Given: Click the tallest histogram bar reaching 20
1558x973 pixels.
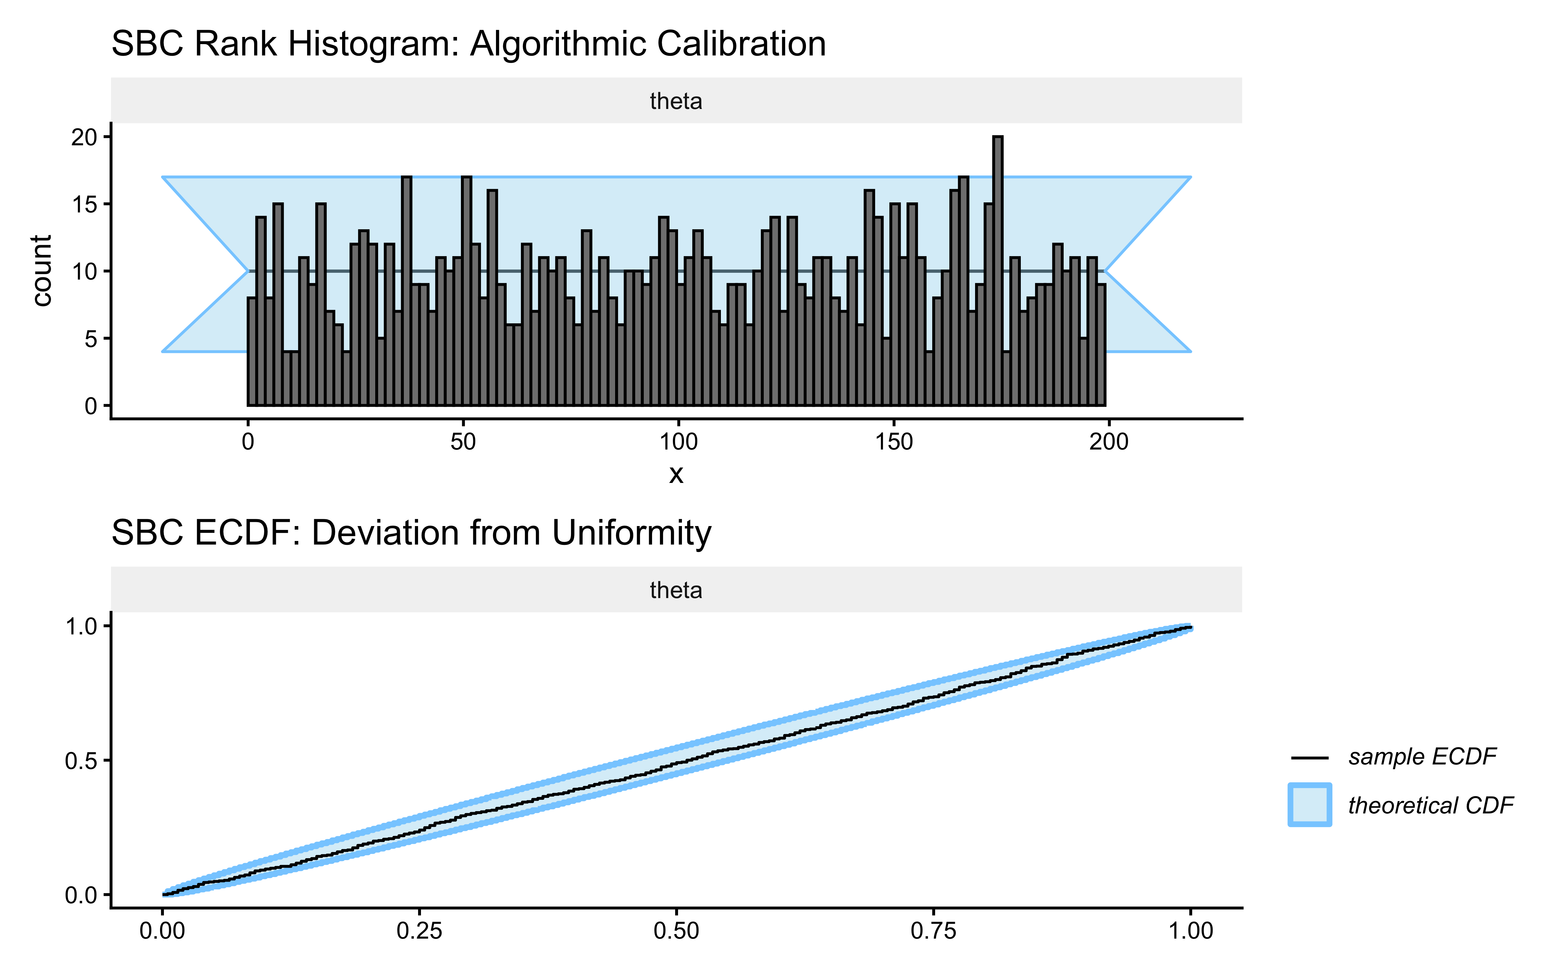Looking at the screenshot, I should tap(997, 270).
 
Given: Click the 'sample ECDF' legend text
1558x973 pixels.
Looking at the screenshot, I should tap(1422, 757).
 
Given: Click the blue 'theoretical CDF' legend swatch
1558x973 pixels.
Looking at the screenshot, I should tap(1309, 804).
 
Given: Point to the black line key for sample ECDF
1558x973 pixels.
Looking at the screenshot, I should tap(1309, 757).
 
